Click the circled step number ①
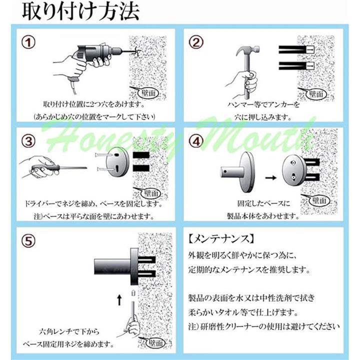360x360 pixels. (x=28, y=42)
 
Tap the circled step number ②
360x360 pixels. (x=196, y=42)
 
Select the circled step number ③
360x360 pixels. (x=28, y=141)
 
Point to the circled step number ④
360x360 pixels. (x=196, y=141)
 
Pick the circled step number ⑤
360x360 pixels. (x=28, y=241)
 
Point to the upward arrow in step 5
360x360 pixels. (x=119, y=300)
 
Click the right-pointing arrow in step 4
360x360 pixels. (x=270, y=177)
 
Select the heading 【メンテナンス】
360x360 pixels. (x=221, y=239)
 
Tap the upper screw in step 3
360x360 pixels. (x=104, y=155)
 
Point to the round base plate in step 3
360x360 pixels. (x=118, y=162)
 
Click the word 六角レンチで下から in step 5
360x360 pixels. (x=69, y=331)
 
